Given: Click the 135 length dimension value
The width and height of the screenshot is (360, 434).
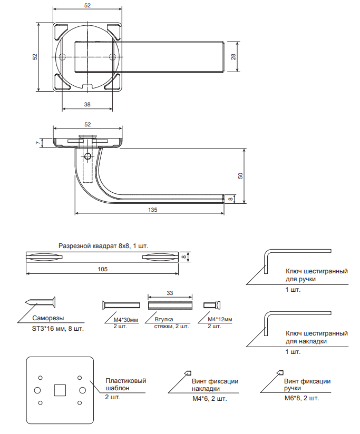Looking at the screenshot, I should click(x=152, y=210).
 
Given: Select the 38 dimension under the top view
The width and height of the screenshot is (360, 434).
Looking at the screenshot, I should click(x=87, y=105).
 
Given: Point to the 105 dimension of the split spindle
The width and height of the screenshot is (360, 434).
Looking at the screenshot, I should click(x=103, y=269).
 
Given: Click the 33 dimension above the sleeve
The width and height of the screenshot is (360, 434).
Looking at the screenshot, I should click(x=169, y=293).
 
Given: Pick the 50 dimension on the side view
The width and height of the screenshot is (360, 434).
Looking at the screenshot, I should click(x=240, y=176).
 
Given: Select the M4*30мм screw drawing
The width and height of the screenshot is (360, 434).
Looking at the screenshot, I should click(x=121, y=304).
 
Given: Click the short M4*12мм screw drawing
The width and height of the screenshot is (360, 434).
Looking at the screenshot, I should click(x=212, y=304).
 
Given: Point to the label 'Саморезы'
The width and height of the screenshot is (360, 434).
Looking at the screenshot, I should click(x=48, y=319).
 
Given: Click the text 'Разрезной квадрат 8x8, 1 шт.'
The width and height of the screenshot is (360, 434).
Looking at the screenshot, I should click(x=103, y=246).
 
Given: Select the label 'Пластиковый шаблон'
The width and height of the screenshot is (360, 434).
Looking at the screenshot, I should click(x=125, y=384).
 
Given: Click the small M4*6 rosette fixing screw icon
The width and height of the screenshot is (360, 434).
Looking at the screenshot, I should click(x=187, y=373).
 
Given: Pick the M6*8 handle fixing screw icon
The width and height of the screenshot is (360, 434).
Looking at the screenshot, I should click(x=279, y=373).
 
